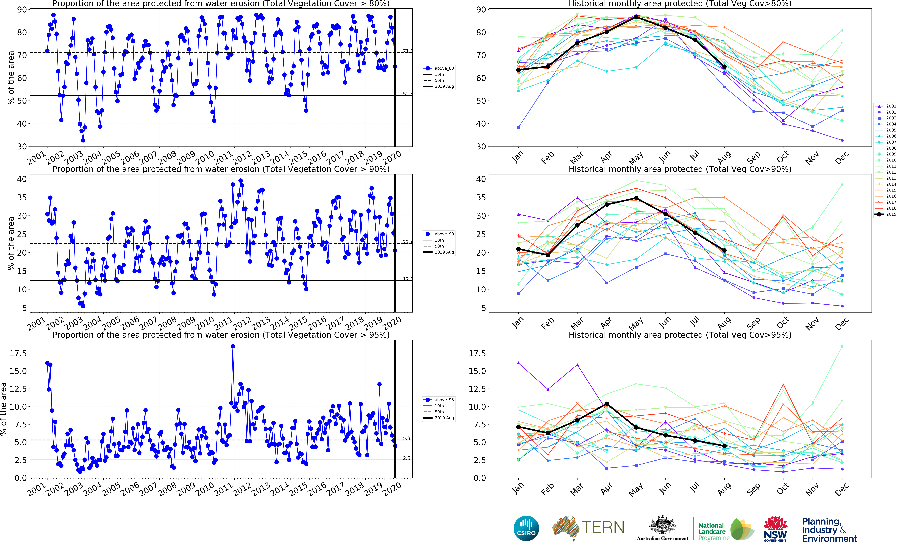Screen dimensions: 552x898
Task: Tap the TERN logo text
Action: [x=603, y=527]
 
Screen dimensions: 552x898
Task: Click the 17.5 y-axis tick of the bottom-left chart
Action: [x=17, y=353]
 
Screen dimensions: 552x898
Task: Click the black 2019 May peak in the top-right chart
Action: [x=636, y=17]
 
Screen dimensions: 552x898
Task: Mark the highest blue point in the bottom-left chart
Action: [x=233, y=346]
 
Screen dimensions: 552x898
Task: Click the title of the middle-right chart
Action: [x=680, y=169]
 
